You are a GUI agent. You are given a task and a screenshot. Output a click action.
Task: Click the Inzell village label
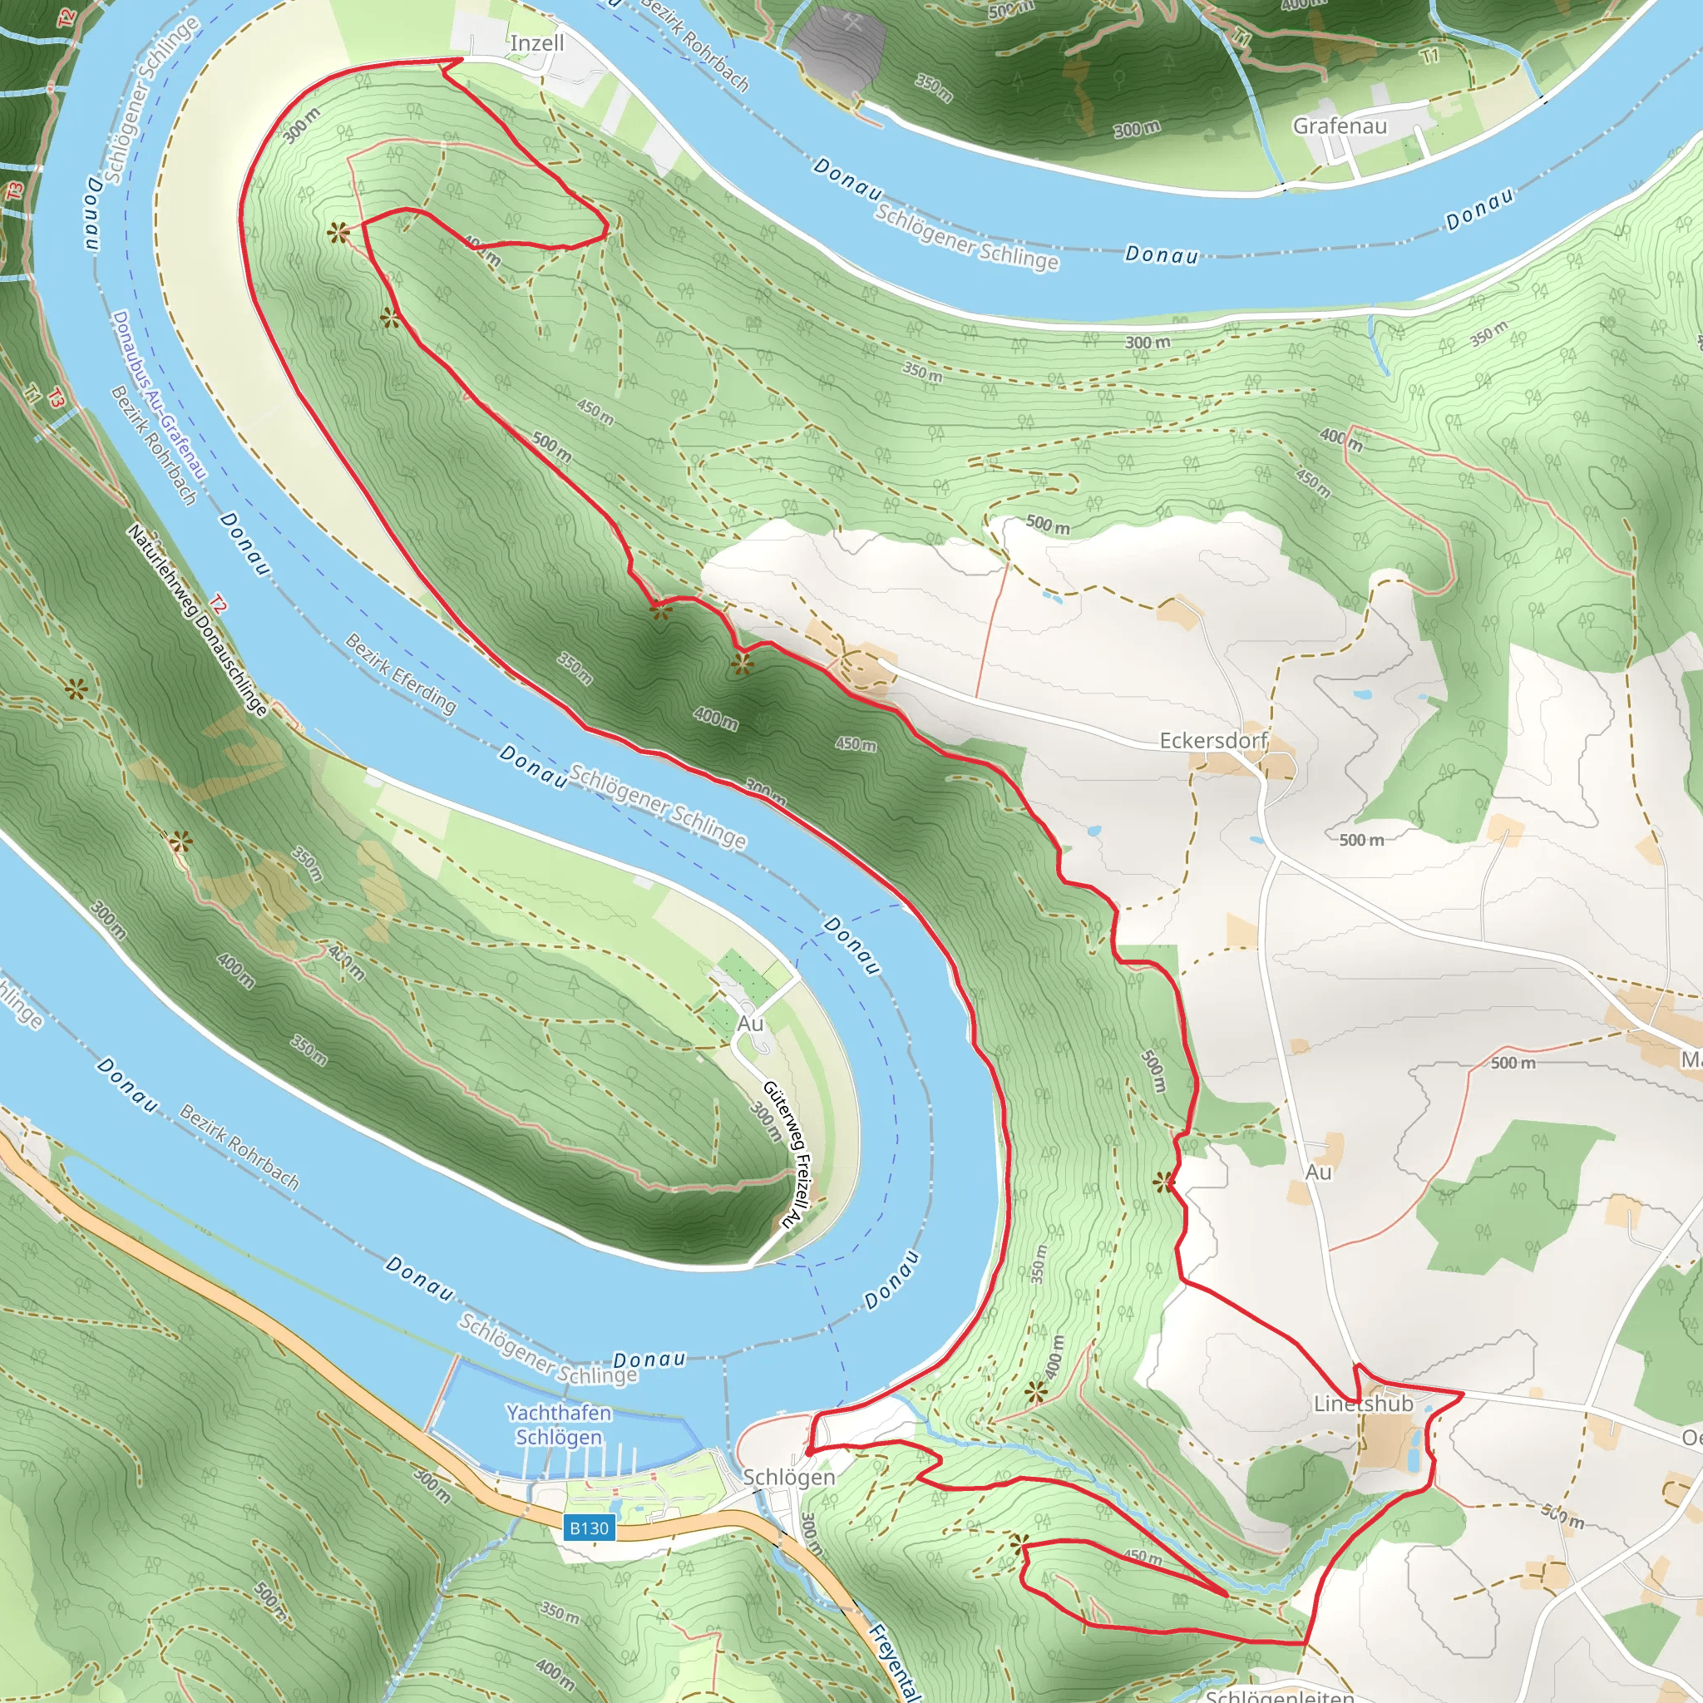coord(537,43)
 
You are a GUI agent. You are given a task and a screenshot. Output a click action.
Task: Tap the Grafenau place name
coord(1339,126)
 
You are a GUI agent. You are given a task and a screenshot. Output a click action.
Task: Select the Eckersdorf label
coord(1213,740)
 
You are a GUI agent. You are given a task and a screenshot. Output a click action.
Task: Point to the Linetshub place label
coord(1363,1404)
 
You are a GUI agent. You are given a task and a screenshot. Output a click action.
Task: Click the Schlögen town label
coord(789,1478)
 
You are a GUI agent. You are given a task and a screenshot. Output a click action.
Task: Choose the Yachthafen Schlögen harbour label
coord(559,1424)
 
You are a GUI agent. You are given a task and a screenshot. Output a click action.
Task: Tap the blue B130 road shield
coord(589,1528)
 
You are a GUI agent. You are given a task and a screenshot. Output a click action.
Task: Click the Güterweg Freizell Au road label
coord(785,1155)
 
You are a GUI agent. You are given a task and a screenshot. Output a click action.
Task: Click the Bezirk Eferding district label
coord(400,674)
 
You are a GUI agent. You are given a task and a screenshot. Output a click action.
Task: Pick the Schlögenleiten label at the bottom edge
coord(1279,1695)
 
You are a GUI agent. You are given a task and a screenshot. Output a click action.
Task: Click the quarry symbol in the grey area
coord(851,26)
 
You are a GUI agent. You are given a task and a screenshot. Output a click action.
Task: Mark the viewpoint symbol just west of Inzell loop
coord(337,233)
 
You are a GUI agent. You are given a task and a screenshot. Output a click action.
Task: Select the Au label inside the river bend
coord(750,1024)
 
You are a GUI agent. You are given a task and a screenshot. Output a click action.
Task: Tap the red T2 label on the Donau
coord(218,605)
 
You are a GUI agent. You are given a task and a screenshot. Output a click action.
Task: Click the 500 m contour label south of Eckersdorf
coord(1361,840)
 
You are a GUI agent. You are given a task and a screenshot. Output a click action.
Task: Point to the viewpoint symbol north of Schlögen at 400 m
coord(1036,1393)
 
